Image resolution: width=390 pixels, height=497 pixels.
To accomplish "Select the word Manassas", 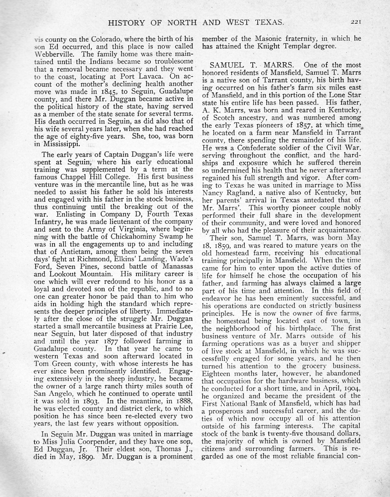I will (173, 266).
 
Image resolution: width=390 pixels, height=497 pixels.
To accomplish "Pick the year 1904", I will (351, 388).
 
